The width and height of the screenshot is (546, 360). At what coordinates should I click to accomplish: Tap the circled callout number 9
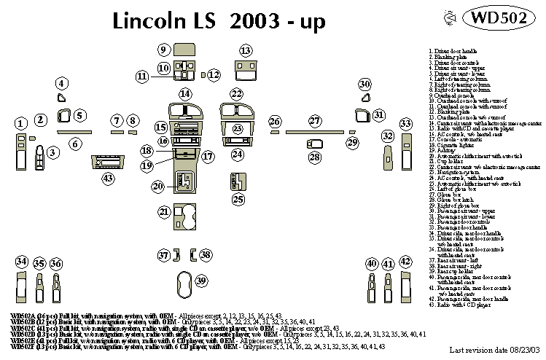tap(164, 50)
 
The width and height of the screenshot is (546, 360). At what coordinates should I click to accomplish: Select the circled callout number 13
tap(246, 50)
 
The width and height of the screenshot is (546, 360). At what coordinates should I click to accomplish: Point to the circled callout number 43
tap(108, 178)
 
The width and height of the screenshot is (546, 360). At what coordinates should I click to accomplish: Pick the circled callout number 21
tap(164, 211)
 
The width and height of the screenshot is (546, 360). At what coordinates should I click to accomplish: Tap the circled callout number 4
tap(62, 83)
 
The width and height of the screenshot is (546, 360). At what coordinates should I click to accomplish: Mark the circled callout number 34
tap(22, 262)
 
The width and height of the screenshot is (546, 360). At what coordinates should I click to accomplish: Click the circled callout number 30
tap(364, 85)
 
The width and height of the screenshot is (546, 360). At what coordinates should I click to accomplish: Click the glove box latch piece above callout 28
tap(314, 144)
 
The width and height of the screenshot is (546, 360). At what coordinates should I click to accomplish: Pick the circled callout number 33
tap(405, 122)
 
